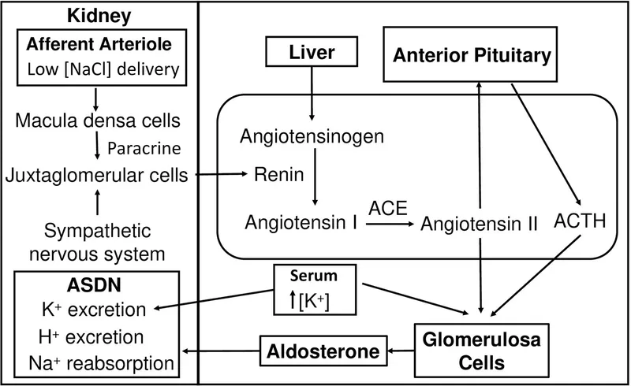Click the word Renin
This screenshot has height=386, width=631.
(x=278, y=175)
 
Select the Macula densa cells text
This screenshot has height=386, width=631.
(x=95, y=123)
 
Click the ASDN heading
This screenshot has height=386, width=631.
(x=95, y=282)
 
